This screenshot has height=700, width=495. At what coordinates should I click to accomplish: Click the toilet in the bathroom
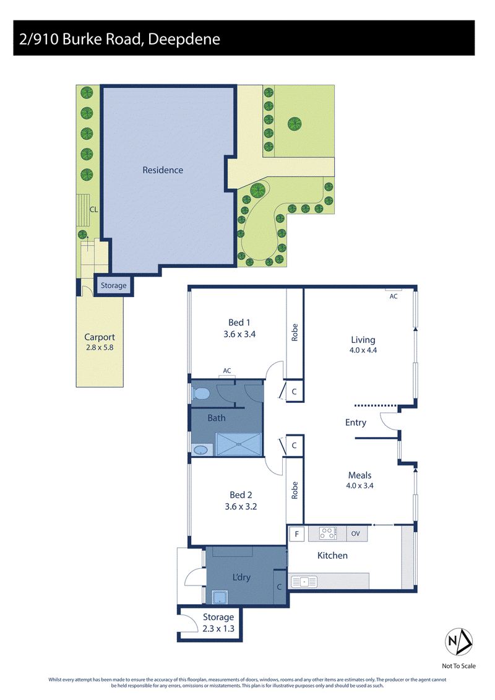(x=200, y=394)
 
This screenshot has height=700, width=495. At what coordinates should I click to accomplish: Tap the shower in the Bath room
(x=238, y=444)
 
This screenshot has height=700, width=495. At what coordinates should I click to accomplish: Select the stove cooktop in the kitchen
(x=327, y=534)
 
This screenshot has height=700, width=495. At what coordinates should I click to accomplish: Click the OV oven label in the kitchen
(x=355, y=534)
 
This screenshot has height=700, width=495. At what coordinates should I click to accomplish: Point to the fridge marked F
(x=296, y=534)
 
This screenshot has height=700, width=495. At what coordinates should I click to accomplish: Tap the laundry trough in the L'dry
(x=220, y=597)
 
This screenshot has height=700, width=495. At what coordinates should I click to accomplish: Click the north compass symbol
(x=459, y=642)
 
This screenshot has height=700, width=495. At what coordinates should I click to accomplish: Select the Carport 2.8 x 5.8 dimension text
(x=100, y=347)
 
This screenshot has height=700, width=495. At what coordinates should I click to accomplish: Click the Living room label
(x=363, y=340)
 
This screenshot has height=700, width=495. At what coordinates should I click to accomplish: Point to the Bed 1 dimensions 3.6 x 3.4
(x=239, y=334)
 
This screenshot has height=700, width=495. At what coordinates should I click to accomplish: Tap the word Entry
(x=356, y=422)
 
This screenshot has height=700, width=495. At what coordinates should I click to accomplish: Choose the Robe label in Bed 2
(x=295, y=490)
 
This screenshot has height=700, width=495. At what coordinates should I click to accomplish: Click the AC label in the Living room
(x=394, y=296)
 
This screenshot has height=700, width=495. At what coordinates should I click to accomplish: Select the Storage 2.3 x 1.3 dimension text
(x=218, y=629)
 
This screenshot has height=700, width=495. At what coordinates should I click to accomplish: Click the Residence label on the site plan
(x=163, y=170)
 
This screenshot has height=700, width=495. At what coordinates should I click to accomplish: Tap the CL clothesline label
(x=93, y=209)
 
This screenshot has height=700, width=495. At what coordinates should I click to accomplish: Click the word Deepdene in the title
(x=184, y=39)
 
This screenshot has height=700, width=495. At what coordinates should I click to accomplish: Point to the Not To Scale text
(x=459, y=666)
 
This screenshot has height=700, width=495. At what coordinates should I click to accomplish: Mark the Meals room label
(x=359, y=475)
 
